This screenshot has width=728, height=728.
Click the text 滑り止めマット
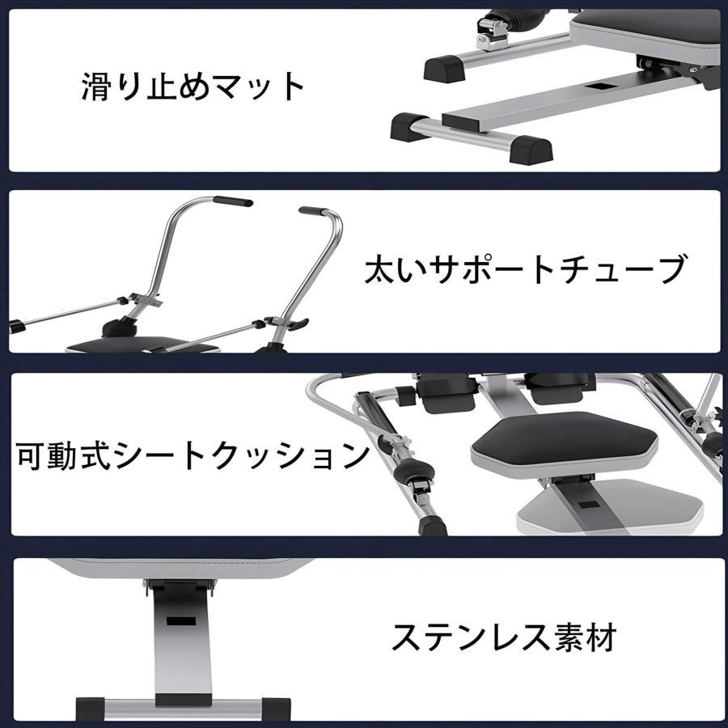(x=193, y=87)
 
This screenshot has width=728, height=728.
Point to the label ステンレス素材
(x=504, y=637)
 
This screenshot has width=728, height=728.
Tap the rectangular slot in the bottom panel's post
(x=181, y=621)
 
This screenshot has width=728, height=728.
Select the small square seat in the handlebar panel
(x=142, y=345)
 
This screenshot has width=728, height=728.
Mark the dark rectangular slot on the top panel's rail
(x=599, y=86)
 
